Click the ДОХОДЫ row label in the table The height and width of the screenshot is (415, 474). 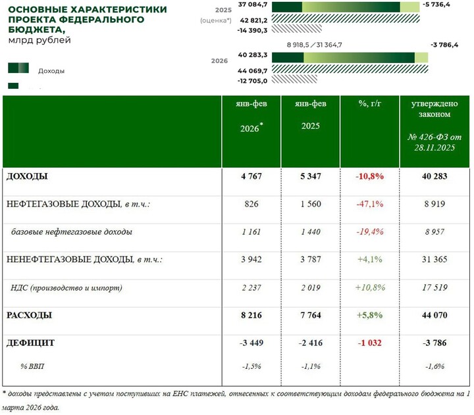point(27,176)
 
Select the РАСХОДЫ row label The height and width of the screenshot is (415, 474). point(29,316)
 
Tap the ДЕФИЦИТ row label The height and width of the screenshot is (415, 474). point(30,343)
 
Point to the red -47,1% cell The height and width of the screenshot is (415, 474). point(369,204)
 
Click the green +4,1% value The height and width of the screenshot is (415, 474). point(369,260)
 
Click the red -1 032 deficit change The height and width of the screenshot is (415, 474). point(369,343)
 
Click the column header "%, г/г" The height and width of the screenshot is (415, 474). point(369,103)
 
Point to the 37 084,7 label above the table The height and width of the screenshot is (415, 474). point(253,5)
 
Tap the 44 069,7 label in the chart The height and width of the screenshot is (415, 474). point(253,70)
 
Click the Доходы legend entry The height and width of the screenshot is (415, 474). point(51,70)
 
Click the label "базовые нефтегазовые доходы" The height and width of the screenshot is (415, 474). point(72,232)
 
